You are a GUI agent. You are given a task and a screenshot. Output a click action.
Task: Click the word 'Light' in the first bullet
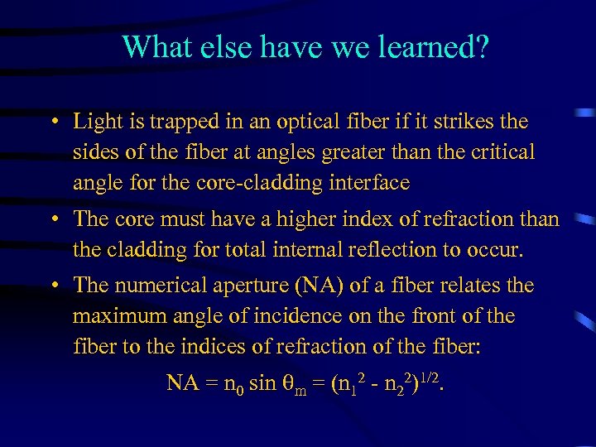pyautogui.click(x=96, y=122)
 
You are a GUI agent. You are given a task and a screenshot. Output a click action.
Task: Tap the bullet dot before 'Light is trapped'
pyautogui.click(x=53, y=123)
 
